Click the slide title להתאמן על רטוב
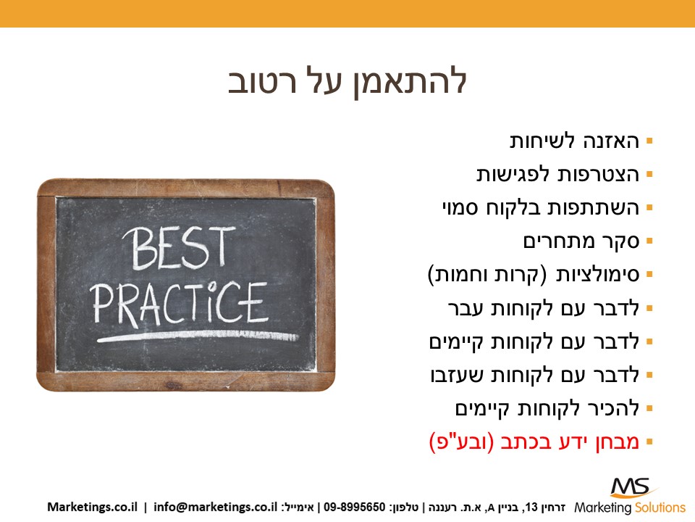347,82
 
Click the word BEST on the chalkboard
179,248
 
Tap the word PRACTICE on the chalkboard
180,303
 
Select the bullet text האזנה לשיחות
574,141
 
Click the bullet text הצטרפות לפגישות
558,175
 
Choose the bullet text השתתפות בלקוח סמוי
541,208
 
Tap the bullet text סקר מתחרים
581,241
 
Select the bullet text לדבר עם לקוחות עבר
544,308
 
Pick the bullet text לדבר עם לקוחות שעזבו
535,375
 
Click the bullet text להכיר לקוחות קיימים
547,408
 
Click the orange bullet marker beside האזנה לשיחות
650,141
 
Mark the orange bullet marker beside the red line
650,442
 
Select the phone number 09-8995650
355,507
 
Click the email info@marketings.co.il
216,507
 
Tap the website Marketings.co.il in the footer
92,507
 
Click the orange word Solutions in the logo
660,507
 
